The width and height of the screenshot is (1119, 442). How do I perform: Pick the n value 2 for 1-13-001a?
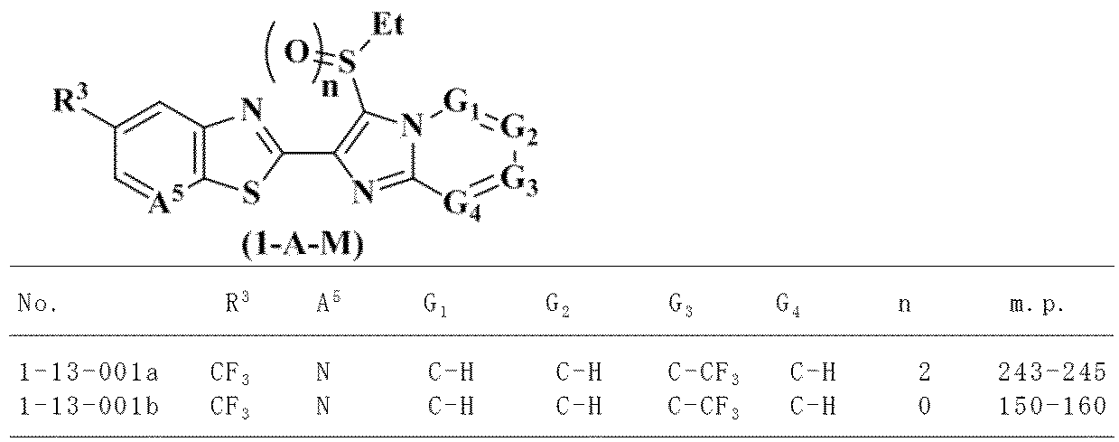pos(922,371)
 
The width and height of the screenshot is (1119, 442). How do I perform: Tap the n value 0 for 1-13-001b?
pos(922,406)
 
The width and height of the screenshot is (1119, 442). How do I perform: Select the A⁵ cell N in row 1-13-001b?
pos(322,406)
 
